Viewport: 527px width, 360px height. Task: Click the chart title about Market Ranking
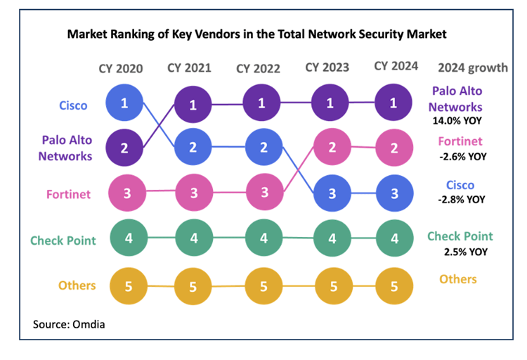pos(256,34)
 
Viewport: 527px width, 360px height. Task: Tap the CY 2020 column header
pos(120,68)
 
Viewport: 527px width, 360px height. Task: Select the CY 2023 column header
pos(327,67)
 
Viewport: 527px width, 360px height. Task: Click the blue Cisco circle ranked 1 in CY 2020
pos(124,103)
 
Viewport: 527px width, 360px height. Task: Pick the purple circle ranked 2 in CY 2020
pos(124,148)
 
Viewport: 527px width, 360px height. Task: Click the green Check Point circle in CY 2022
pos(262,238)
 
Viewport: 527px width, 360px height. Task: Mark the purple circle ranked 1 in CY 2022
pos(262,103)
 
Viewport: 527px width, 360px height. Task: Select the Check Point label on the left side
pos(64,240)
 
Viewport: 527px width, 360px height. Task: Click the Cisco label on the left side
pos(73,105)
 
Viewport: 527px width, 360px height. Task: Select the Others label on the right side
pos(457,279)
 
